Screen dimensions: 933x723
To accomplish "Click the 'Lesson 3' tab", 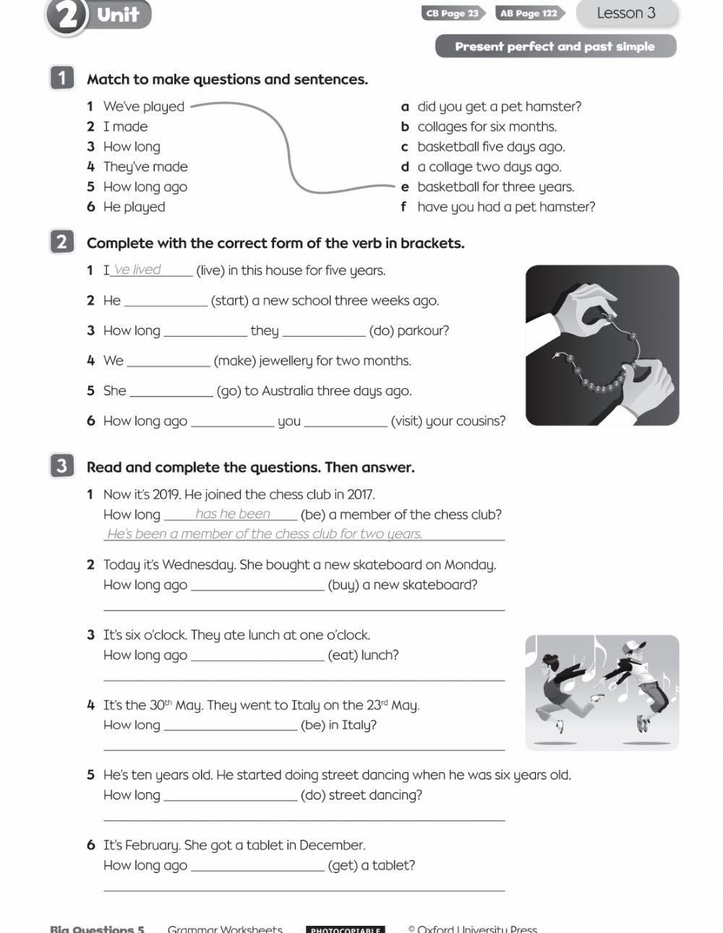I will point(626,13).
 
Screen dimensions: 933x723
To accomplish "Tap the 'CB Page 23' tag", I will point(453,13).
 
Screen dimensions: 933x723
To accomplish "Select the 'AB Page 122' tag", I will point(529,13).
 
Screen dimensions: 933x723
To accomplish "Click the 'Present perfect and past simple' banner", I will point(555,46).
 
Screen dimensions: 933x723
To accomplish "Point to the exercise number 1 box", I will point(61,78).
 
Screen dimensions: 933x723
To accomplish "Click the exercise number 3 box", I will point(61,466).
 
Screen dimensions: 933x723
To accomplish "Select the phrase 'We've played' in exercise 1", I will point(144,106).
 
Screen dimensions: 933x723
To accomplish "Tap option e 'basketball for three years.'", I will point(495,186).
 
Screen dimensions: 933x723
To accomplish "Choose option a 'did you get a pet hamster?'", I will point(499,106).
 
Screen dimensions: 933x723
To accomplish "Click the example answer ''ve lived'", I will point(137,270).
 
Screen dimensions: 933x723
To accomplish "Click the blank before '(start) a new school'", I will point(166,300).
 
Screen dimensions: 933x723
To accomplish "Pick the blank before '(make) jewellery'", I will point(168,360).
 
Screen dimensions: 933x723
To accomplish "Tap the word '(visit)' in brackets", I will point(406,421).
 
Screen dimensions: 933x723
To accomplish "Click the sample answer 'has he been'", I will point(232,514).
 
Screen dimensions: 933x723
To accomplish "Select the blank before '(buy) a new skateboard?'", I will point(257,585).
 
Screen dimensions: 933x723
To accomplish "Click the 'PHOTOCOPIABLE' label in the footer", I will point(345,929).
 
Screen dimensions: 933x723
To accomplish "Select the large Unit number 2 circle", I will point(67,16).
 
